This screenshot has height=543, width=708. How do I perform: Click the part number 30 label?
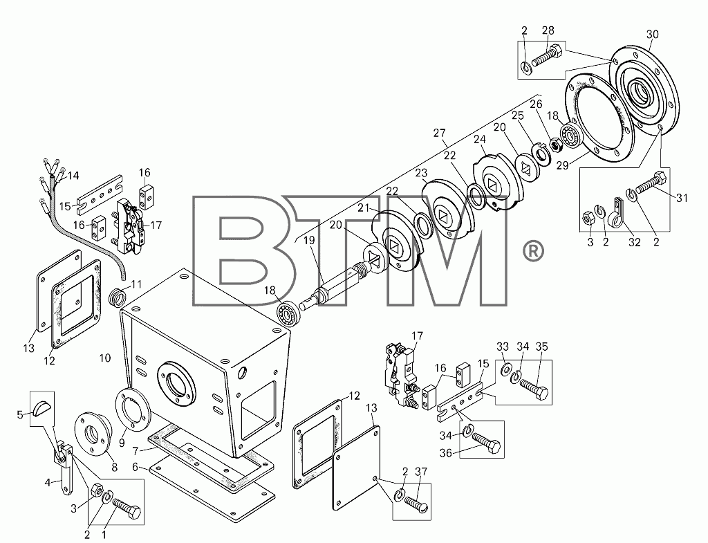click(x=653, y=35)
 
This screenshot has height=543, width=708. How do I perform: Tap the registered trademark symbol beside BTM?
click(x=533, y=252)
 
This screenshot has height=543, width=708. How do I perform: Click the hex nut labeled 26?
click(x=556, y=145)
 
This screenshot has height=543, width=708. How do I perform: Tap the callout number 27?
click(x=439, y=133)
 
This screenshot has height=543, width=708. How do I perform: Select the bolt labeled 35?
click(x=534, y=390)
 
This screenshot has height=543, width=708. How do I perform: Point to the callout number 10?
click(x=105, y=358)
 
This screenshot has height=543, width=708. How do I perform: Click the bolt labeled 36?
click(x=486, y=443)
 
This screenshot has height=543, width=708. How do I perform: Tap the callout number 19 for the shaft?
click(x=309, y=240)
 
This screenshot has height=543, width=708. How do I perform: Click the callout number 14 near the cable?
click(x=73, y=175)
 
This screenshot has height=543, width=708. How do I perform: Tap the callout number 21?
click(x=364, y=208)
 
